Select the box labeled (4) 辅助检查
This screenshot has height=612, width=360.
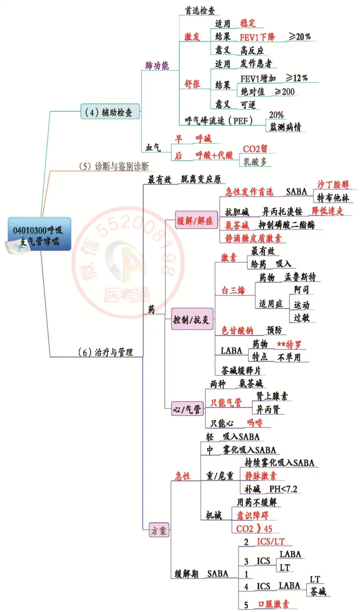tap(110, 112)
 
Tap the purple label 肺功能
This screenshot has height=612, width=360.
tap(157, 65)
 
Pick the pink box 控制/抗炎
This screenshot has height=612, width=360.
tap(192, 320)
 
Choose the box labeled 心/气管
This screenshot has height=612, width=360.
tap(187, 409)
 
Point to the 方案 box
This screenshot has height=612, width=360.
tap(159, 530)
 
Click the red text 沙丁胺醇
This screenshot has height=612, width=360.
tap(333, 184)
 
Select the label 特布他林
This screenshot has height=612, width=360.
tap(333, 198)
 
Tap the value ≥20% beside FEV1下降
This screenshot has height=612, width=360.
tap(300, 36)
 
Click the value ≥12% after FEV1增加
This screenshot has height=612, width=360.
tap(297, 78)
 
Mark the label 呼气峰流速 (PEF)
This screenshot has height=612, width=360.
tap(219, 120)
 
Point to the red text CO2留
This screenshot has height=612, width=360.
tap(255, 149)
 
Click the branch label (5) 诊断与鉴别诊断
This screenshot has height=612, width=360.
tap(113, 166)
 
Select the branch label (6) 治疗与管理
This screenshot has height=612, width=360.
tap(105, 352)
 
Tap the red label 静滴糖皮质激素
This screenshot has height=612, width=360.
tap(253, 238)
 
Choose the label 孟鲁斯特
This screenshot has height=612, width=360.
tap(300, 277)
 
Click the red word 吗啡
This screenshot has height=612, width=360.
tap(255, 423)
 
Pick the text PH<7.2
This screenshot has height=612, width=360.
tap(283, 489)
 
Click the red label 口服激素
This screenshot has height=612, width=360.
tap(273, 604)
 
